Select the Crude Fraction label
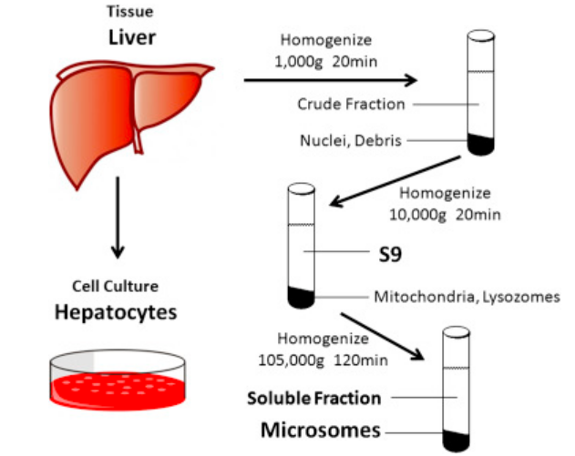coord(351,104)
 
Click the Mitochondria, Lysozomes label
coord(466,296)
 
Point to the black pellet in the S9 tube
coord(301,297)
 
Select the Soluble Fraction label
coord(314,398)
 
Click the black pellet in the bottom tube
coord(453,440)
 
